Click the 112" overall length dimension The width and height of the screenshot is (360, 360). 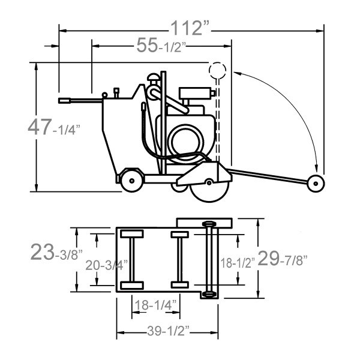point(190,28)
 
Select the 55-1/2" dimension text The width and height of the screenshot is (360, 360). point(161,46)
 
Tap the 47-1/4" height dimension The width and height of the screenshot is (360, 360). point(54,127)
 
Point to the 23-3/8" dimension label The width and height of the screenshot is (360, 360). point(56,253)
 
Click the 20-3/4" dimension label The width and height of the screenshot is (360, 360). point(106,265)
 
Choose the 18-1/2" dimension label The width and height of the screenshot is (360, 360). point(238,263)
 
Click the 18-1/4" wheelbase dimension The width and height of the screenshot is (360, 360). point(155,305)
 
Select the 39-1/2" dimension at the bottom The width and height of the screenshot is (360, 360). point(168,331)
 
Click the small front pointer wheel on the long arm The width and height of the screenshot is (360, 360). point(316,184)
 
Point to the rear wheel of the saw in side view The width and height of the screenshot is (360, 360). point(132,181)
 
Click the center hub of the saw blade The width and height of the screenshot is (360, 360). point(209,182)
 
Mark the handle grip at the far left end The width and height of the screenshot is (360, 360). point(65,101)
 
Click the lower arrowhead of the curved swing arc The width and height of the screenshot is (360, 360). point(317,168)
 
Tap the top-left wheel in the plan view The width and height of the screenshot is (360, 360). point(132,234)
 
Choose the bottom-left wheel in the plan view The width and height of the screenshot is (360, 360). point(132,286)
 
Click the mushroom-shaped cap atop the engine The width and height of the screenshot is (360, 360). point(154,77)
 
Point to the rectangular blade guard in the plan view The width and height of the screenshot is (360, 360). point(204,223)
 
